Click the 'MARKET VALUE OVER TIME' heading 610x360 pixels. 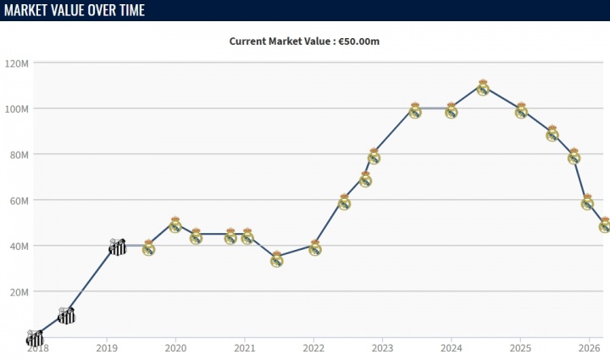coord(74,10)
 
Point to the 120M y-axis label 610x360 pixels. coord(17,64)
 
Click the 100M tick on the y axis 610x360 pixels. coord(17,109)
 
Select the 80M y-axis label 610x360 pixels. coord(19,155)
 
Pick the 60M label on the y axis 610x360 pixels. coord(19,201)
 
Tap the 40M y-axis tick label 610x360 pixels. coord(19,246)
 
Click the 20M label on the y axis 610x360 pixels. coord(19,292)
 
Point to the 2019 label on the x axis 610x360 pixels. coord(107,347)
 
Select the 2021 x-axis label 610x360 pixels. coord(244,347)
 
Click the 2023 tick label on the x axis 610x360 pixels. coord(382,347)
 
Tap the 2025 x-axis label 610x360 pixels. coord(520,347)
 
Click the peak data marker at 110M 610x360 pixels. coord(483,87)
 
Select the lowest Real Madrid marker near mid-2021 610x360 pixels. coord(276,259)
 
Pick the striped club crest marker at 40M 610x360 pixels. coord(118,246)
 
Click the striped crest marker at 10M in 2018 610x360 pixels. coord(66,315)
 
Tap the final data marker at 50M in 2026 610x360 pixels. coord(604,224)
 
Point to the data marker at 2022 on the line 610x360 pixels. coord(314,247)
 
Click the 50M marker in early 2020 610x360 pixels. coord(175,224)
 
